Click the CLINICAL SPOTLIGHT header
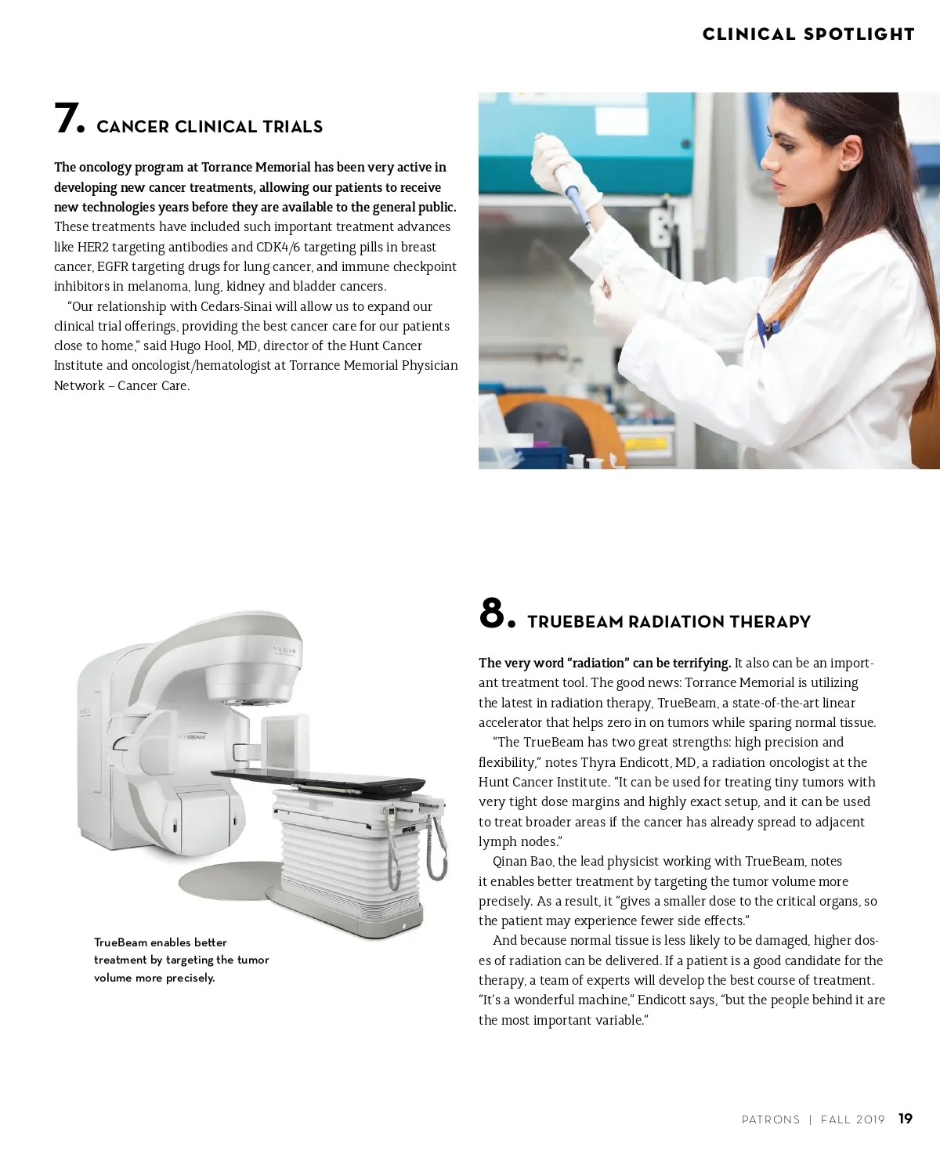808,34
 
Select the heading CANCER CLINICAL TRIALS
209,126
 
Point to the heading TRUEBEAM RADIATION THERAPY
669,622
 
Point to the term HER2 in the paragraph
92,247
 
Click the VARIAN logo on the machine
284,650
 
